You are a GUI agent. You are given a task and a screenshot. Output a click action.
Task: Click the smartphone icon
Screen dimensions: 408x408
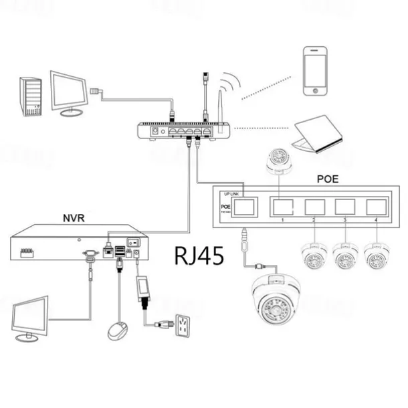(314, 70)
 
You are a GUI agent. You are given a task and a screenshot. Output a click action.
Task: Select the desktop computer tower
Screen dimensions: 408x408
(31, 96)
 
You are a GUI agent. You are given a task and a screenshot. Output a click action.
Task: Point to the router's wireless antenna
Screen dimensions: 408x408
(219, 104)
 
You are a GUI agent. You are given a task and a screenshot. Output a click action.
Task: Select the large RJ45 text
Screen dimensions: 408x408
(199, 256)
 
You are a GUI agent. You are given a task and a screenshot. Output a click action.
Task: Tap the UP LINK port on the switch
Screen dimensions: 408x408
(245, 206)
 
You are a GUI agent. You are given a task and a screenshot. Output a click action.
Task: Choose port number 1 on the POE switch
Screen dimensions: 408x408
(283, 206)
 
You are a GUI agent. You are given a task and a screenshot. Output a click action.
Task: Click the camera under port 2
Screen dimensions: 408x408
(313, 255)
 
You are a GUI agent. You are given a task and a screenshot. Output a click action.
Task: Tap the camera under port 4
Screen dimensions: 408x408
(376, 255)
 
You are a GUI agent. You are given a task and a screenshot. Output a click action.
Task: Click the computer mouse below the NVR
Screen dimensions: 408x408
(118, 330)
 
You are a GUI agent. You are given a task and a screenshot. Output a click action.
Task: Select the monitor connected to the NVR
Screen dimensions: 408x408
(31, 317)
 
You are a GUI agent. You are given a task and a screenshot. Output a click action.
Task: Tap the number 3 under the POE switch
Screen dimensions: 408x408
(344, 220)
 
